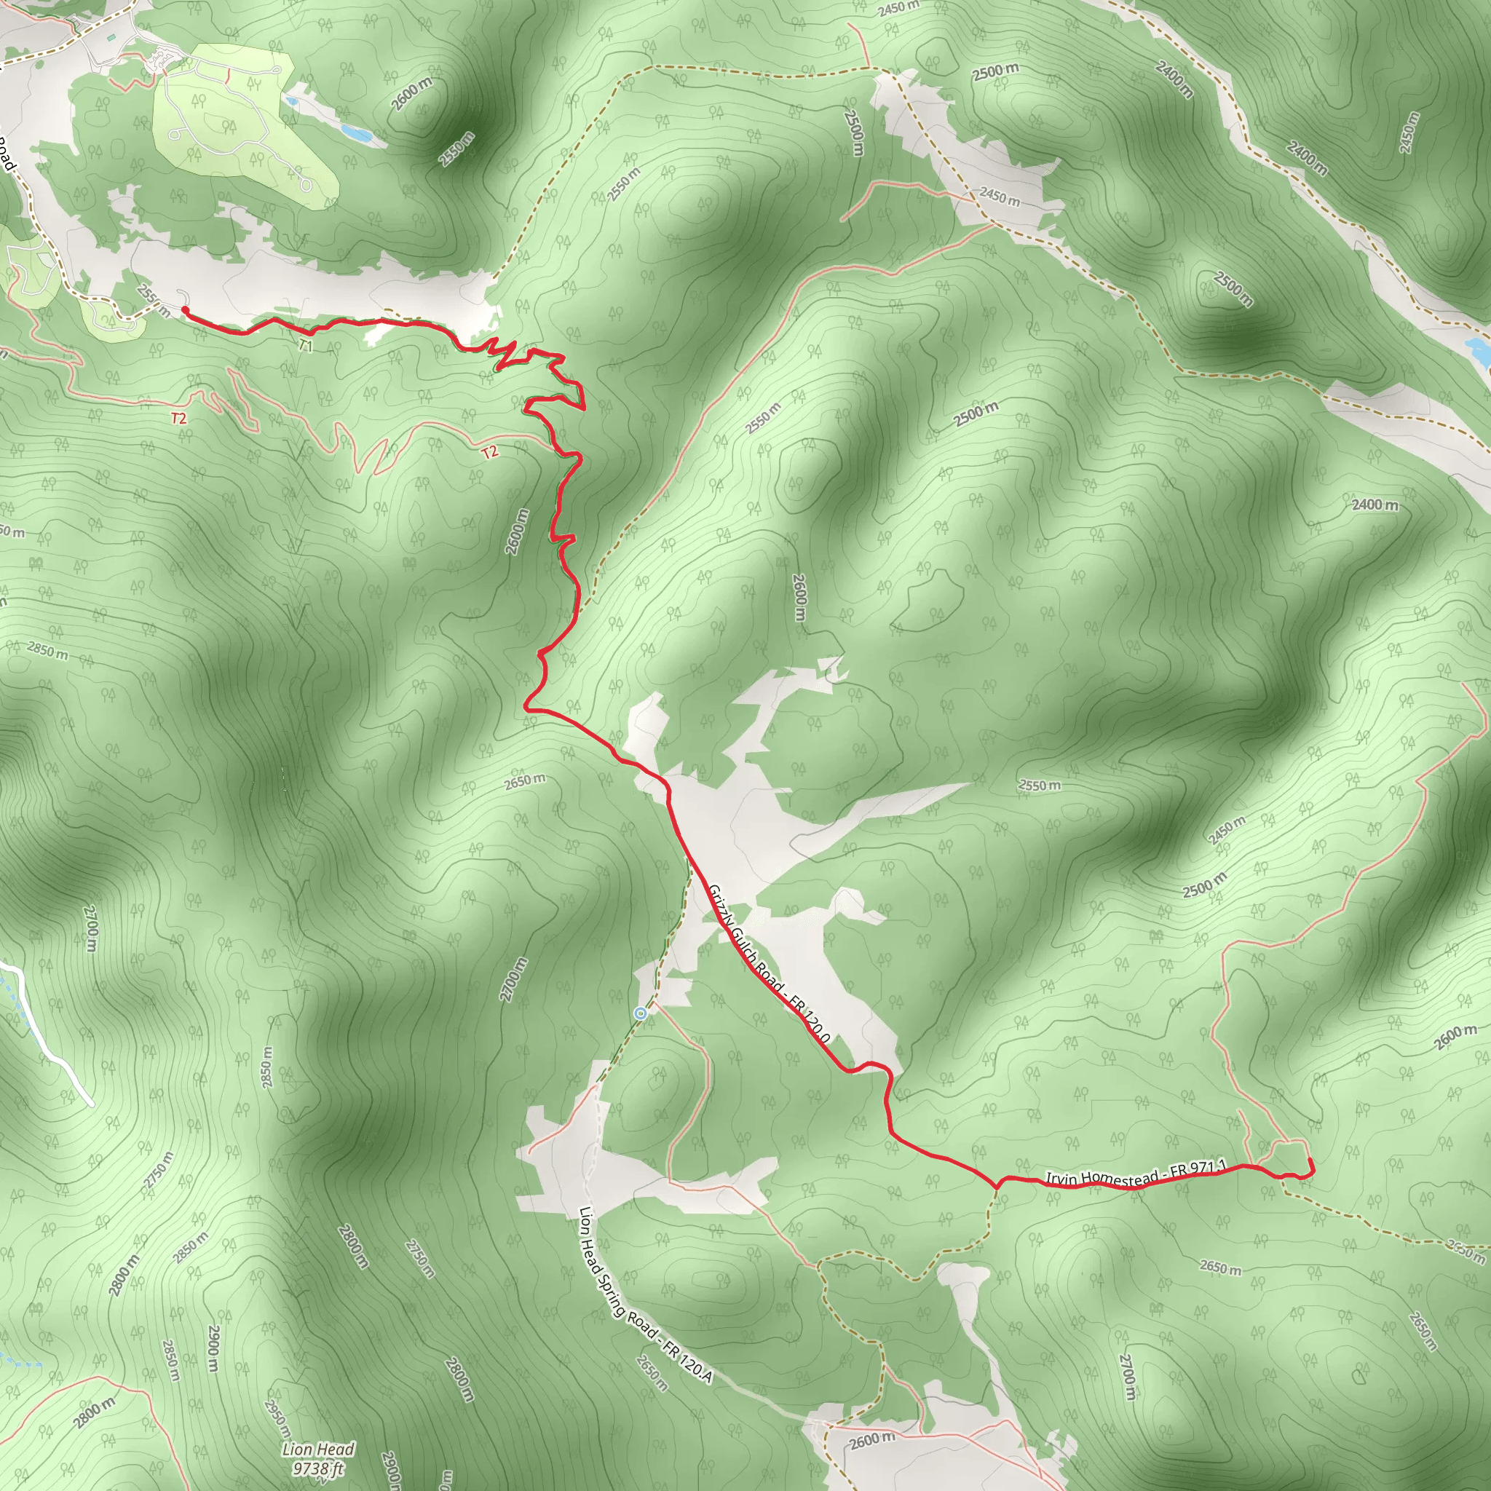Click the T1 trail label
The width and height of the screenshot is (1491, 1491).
(306, 346)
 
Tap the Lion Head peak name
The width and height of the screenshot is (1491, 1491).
(318, 1449)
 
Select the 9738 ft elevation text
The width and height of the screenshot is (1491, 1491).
(318, 1467)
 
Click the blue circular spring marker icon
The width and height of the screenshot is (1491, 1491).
(641, 1013)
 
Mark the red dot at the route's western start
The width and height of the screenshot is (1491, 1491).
(185, 309)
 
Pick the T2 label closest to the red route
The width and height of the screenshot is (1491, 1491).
(489, 452)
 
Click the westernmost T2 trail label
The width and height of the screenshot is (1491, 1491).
(178, 419)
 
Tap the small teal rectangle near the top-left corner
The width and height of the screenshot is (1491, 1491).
(112, 37)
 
